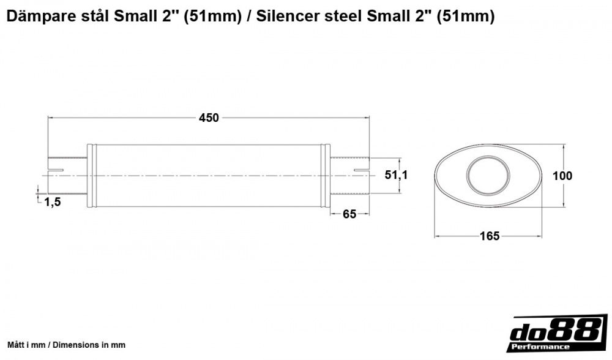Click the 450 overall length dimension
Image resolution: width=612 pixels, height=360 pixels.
[x=209, y=118]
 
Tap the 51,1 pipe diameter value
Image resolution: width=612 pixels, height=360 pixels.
[x=396, y=175]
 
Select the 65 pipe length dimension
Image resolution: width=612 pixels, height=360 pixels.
[x=349, y=214]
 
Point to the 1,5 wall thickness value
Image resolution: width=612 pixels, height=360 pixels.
[x=53, y=203]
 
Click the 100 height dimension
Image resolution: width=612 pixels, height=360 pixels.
[x=562, y=176]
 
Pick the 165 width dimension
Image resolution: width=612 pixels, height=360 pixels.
[x=490, y=236]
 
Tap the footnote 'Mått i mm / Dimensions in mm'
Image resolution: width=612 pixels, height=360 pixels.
[x=66, y=345]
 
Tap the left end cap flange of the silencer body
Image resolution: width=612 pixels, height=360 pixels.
[x=92, y=176]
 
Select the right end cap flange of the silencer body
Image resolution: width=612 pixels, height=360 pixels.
[x=326, y=176]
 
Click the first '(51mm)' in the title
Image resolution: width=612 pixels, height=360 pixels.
[x=210, y=17]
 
